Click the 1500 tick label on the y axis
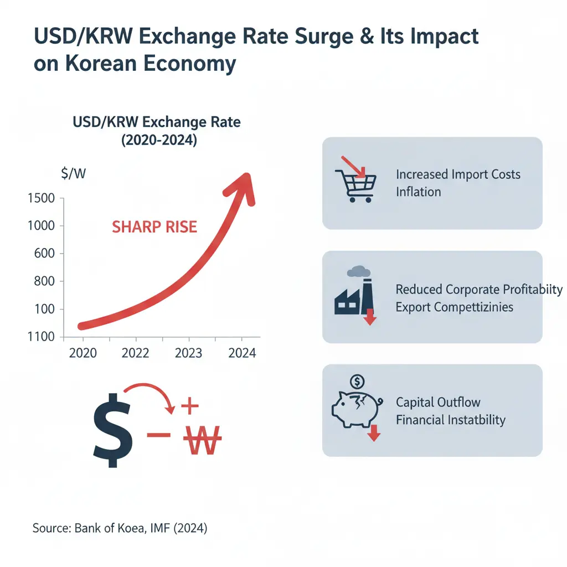(41, 198)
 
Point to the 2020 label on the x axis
(83, 353)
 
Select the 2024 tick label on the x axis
(242, 353)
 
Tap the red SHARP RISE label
(154, 227)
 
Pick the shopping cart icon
(356, 183)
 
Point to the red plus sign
(189, 407)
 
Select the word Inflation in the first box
(419, 192)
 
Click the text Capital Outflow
(438, 403)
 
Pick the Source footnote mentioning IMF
(120, 529)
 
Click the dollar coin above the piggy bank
(358, 381)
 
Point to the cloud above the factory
(358, 271)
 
